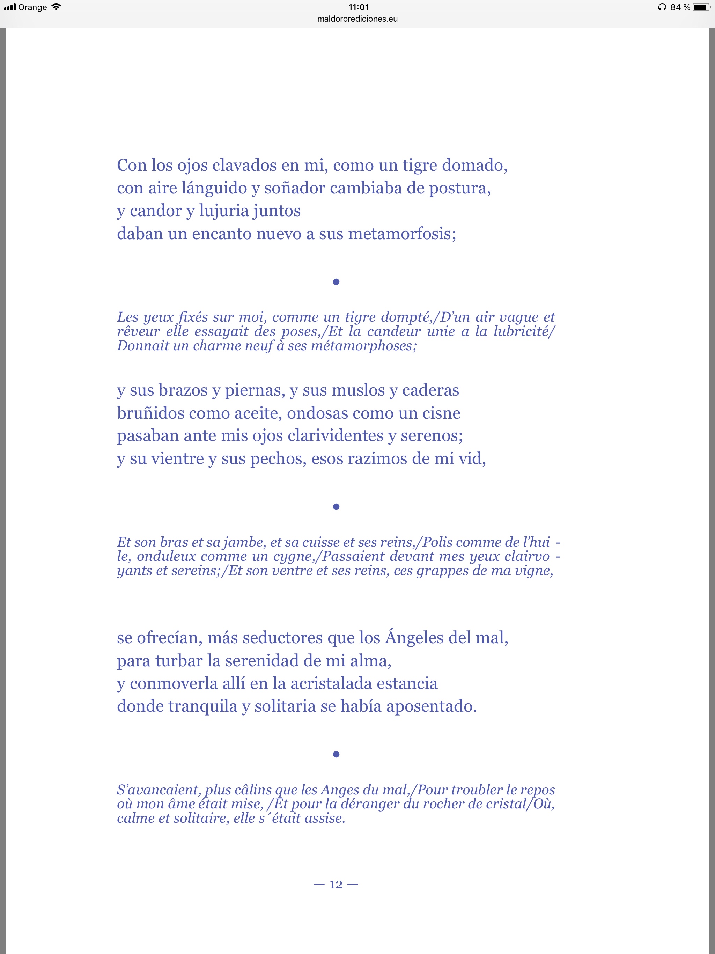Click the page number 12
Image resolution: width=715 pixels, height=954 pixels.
tap(336, 885)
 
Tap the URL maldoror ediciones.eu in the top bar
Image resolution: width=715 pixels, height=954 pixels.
tap(357, 19)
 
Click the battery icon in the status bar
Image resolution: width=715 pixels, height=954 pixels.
tap(701, 7)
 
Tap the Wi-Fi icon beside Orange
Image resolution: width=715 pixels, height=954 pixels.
tap(56, 7)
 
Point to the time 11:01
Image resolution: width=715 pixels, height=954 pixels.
tap(358, 7)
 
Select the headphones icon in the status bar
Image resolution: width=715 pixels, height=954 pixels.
tap(662, 7)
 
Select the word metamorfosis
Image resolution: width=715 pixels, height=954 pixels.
tap(401, 234)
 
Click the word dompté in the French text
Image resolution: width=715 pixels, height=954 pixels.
tap(406, 317)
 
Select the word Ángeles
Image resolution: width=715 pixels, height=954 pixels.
tap(414, 637)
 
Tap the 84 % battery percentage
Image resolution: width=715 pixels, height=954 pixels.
tap(680, 7)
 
